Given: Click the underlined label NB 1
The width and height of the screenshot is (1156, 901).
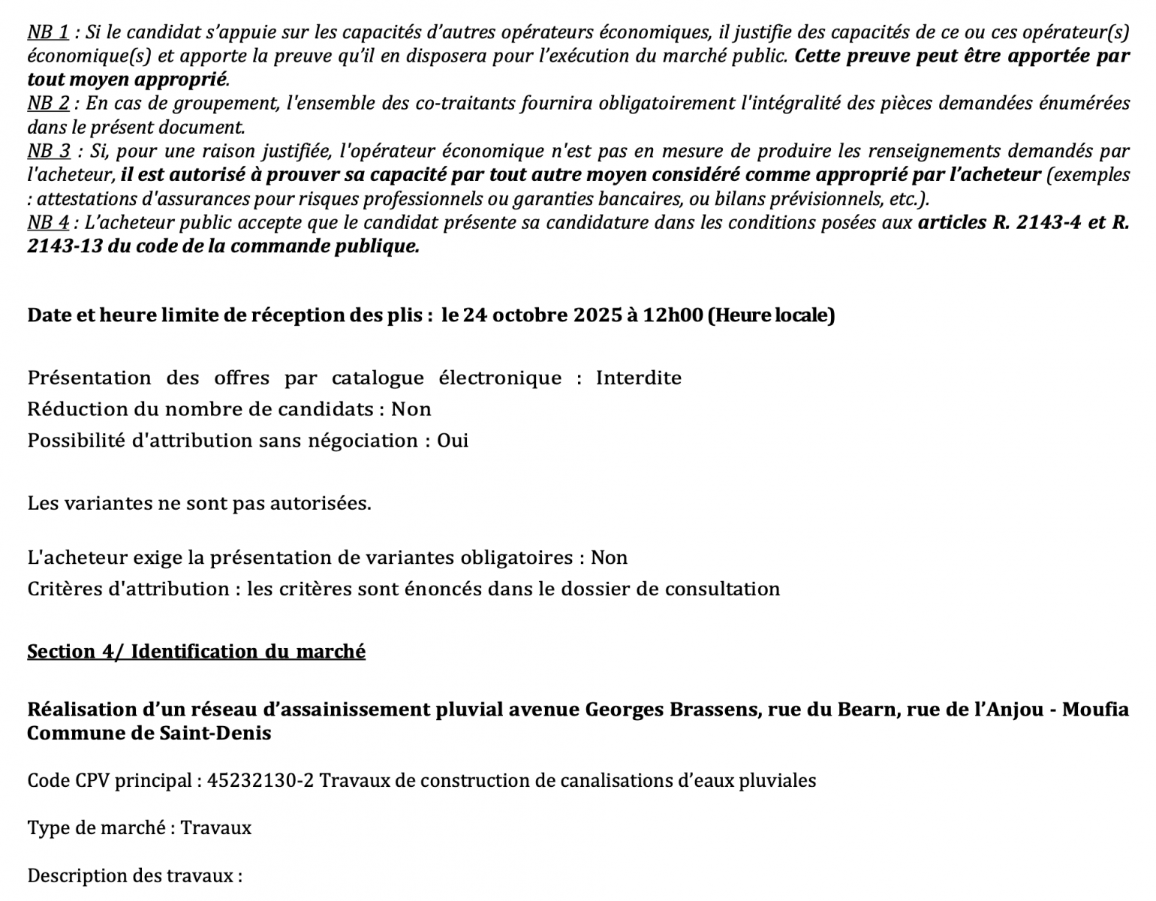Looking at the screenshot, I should pyautogui.click(x=48, y=32).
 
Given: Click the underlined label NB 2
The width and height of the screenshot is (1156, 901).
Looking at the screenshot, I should pyautogui.click(x=48, y=104).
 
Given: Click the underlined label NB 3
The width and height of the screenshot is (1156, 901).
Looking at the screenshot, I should pyautogui.click(x=49, y=151).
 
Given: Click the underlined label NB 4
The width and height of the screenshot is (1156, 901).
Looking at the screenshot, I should pyautogui.click(x=48, y=222).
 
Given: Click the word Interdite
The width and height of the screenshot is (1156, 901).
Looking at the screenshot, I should pyautogui.click(x=638, y=378).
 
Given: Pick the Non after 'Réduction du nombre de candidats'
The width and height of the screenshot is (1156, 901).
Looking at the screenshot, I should pyautogui.click(x=411, y=409).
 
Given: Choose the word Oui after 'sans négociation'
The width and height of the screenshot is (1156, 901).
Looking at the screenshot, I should pyautogui.click(x=453, y=441).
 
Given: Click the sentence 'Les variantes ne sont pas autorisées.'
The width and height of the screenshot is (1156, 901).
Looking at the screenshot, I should pyautogui.click(x=199, y=503).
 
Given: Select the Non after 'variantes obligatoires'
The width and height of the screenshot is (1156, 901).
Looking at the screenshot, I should pyautogui.click(x=609, y=558).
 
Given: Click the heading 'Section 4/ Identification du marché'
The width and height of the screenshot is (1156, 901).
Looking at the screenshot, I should pyautogui.click(x=196, y=652).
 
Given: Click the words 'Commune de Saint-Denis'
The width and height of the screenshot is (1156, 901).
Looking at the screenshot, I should pyautogui.click(x=149, y=733).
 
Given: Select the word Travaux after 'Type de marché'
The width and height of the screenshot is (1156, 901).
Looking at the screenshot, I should pyautogui.click(x=216, y=828).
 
